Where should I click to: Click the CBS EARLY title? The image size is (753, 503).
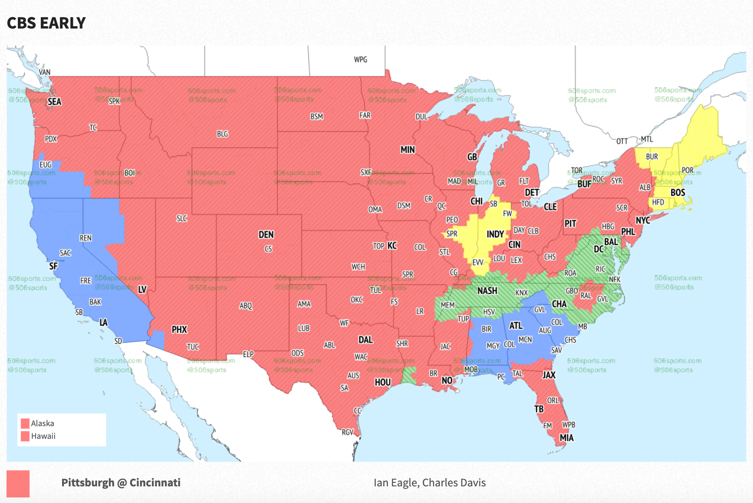tap(46, 23)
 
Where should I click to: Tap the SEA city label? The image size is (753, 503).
tap(55, 102)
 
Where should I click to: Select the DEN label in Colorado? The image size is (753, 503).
tap(266, 235)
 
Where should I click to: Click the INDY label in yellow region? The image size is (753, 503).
tap(495, 234)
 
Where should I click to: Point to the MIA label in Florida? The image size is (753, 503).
tap(567, 438)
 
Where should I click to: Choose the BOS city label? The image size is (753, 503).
tap(677, 192)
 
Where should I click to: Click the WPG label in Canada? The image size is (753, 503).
tap(360, 60)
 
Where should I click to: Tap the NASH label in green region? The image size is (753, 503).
tap(487, 291)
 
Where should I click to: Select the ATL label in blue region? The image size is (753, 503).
tap(515, 326)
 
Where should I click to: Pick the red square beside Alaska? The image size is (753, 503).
tap(25, 423)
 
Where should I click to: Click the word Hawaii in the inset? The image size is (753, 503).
tap(43, 436)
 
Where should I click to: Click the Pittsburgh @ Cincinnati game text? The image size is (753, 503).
tap(121, 482)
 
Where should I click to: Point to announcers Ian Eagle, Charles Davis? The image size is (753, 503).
tap(430, 482)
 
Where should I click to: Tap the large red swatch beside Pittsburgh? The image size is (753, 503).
tap(18, 484)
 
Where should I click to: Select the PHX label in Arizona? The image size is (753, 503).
tap(179, 330)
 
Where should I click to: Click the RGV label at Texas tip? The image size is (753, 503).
tap(348, 432)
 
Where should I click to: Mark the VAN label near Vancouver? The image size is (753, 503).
tap(44, 72)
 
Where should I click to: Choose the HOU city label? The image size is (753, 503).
tap(382, 382)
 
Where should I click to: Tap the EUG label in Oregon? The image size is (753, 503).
tap(46, 165)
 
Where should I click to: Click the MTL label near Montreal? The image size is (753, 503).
tap(647, 139)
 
